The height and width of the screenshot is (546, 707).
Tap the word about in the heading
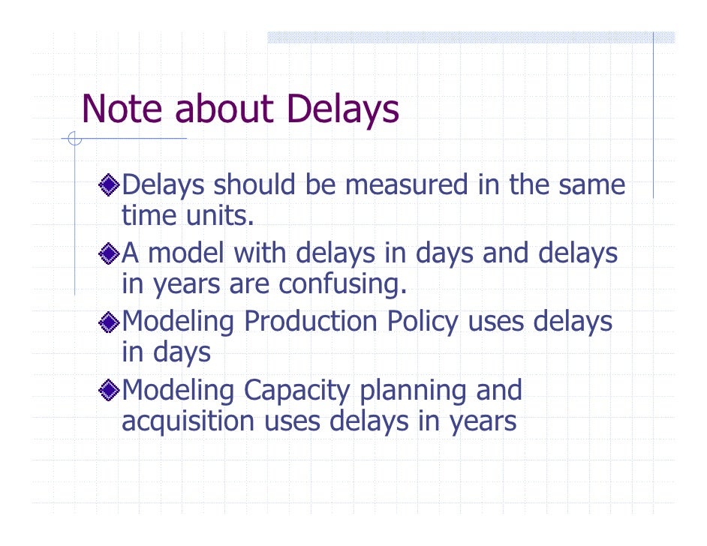pyautogui.click(x=223, y=109)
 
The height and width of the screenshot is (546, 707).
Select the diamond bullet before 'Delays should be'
pyautogui.click(x=110, y=184)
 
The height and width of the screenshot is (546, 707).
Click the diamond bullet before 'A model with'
pyautogui.click(x=110, y=253)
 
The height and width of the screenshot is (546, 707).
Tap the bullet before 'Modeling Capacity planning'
pyautogui.click(x=110, y=391)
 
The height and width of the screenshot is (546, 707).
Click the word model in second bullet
pyautogui.click(x=187, y=253)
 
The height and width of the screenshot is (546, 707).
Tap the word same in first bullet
pyautogui.click(x=593, y=185)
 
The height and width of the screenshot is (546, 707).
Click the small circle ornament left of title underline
pyautogui.click(x=73, y=138)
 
